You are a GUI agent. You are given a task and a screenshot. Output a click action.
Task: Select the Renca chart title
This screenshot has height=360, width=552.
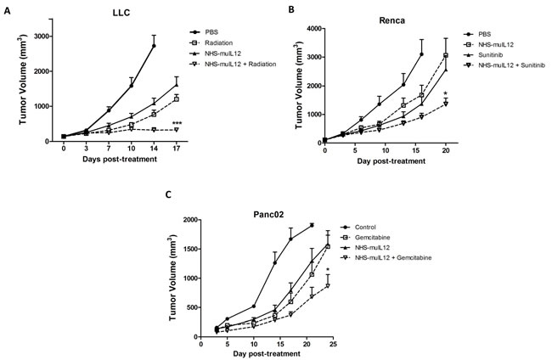(391, 20)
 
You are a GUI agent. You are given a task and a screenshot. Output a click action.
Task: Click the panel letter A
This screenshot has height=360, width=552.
(7, 11)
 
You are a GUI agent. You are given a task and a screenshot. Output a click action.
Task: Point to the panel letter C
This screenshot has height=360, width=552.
(168, 194)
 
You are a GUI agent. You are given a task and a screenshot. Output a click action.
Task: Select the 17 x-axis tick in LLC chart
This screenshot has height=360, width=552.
(177, 149)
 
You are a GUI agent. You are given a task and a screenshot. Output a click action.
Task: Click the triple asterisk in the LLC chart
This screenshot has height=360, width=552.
(177, 123)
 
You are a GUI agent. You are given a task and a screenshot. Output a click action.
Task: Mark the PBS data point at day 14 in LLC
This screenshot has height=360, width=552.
(154, 46)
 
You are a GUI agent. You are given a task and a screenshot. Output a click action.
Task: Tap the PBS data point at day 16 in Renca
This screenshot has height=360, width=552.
(421, 54)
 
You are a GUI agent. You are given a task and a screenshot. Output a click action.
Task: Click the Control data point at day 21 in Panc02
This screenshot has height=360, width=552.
(312, 225)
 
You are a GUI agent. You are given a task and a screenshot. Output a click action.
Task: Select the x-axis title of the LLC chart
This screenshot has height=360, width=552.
(120, 160)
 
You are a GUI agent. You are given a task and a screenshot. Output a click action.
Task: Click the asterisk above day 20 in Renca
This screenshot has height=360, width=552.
(446, 93)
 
